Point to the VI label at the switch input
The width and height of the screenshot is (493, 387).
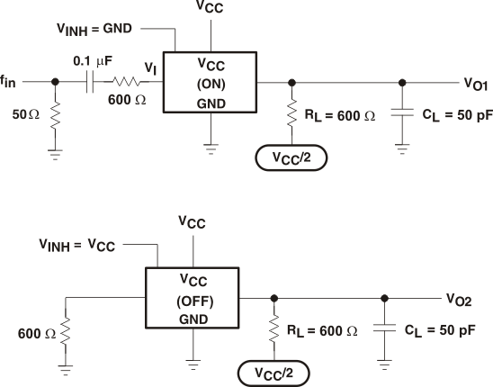(149, 67)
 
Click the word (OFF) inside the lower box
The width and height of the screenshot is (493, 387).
(194, 300)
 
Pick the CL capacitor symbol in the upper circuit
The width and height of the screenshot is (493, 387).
(401, 114)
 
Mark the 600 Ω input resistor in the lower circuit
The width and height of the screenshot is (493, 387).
(66, 330)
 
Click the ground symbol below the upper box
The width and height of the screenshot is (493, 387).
(210, 145)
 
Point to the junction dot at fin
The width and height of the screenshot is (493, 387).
(55, 81)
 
